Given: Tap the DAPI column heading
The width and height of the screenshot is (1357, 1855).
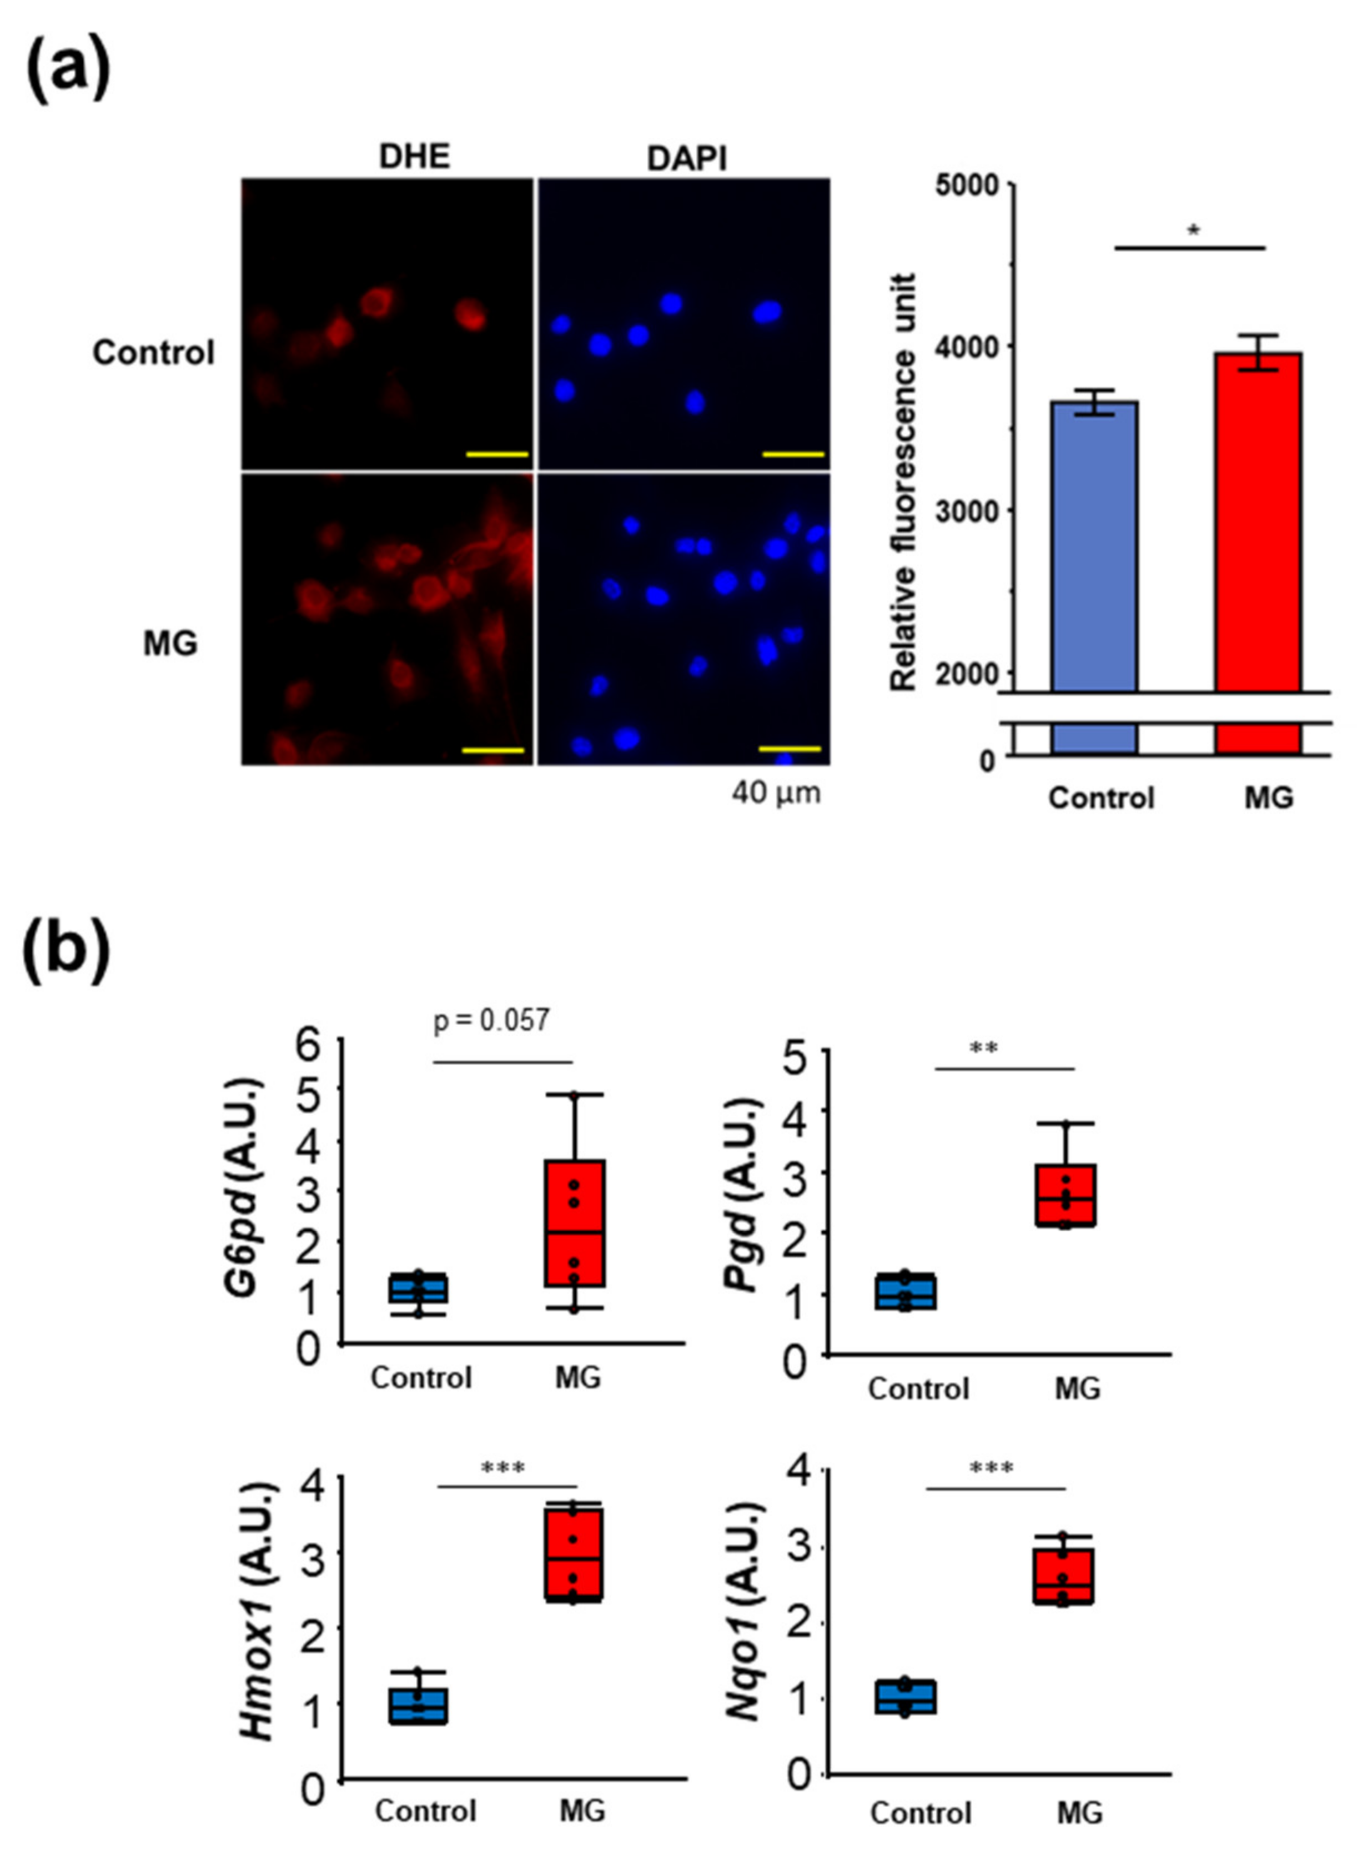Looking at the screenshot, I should click(687, 158).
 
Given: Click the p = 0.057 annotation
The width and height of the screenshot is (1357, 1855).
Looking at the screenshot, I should click(490, 1021).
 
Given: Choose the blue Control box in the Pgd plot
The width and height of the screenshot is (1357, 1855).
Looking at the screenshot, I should click(905, 1291).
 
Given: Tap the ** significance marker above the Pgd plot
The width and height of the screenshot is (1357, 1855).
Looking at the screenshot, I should click(983, 1049).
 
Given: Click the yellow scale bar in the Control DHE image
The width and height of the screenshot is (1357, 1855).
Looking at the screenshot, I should click(496, 453).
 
